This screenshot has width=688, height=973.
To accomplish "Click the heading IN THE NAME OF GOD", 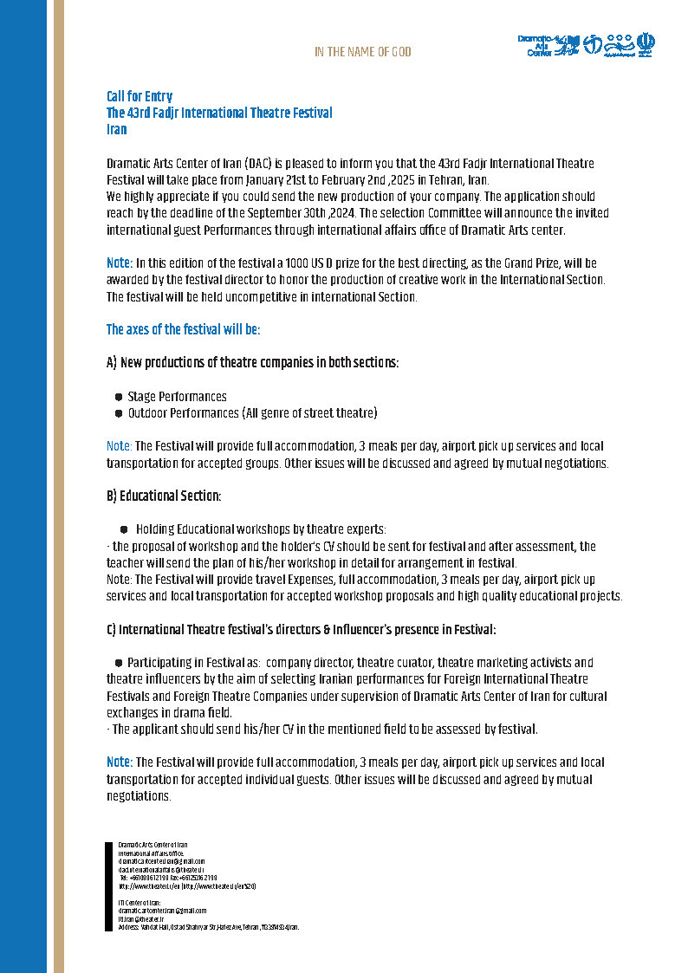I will [362, 52].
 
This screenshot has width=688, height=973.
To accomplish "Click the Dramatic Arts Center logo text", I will [534, 46].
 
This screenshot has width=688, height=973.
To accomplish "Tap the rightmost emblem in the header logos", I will [646, 44].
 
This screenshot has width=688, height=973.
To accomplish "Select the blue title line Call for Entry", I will [140, 96].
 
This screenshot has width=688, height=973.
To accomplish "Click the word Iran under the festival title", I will [116, 130].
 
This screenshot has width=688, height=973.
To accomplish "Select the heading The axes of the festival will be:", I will [183, 329].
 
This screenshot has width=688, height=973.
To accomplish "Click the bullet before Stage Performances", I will [118, 397].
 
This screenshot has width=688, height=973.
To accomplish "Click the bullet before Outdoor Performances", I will [118, 413].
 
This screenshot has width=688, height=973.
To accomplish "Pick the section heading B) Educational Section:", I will [164, 496].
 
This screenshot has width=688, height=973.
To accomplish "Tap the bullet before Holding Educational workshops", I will [124, 529].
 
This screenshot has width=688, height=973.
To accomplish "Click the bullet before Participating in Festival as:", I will [118, 663].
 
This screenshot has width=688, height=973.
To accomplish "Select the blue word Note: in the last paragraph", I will [119, 762].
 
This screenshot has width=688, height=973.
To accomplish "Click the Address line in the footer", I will [208, 927].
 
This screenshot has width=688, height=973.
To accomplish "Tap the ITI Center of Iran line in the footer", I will [139, 903].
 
